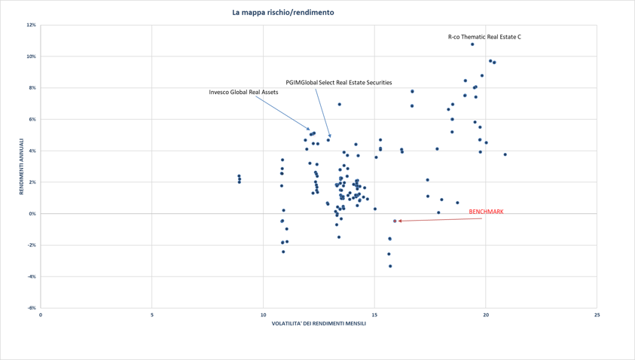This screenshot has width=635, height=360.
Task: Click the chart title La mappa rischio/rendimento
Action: pyautogui.click(x=282, y=13)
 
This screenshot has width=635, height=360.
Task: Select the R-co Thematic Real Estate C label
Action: pyautogui.click(x=484, y=37)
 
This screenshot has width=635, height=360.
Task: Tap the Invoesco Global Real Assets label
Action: pyautogui.click(x=243, y=92)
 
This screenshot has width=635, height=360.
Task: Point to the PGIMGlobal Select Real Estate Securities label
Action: pyautogui.click(x=338, y=82)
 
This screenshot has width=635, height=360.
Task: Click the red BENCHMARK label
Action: pyautogui.click(x=486, y=212)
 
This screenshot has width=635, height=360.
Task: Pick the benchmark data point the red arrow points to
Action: pyautogui.click(x=395, y=221)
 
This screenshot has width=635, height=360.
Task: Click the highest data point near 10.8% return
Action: pyautogui.click(x=472, y=44)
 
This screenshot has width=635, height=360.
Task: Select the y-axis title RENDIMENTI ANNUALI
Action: pyautogui.click(x=22, y=166)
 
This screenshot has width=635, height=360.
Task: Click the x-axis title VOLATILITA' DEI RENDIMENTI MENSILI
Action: pyautogui.click(x=319, y=324)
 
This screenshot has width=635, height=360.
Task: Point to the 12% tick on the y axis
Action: pyautogui.click(x=32, y=25)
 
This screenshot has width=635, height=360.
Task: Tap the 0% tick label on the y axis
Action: pyautogui.click(x=32, y=214)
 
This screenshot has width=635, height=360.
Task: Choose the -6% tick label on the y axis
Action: pyautogui.click(x=32, y=308)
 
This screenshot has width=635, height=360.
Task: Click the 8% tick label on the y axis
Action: pyautogui.click(x=32, y=88)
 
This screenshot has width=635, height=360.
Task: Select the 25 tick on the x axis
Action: pyautogui.click(x=597, y=314)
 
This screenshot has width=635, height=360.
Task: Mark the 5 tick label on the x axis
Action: pyautogui.click(x=152, y=314)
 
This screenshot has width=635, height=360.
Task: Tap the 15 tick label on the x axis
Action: pyautogui.click(x=374, y=314)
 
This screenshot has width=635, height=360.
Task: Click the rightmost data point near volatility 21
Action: pyautogui.click(x=505, y=154)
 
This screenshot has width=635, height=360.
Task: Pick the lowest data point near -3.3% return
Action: pyautogui.click(x=390, y=266)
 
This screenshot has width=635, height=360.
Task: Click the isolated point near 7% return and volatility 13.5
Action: pyautogui.click(x=340, y=105)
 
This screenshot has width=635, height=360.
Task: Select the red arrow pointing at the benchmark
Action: pyautogui.click(x=433, y=219)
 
